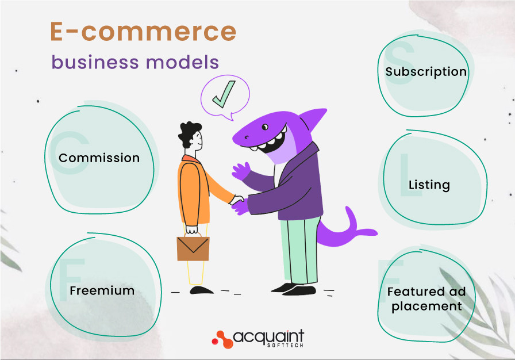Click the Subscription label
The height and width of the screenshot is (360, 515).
[426, 72]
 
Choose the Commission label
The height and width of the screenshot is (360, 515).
[99, 158]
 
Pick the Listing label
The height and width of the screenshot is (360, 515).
[429, 185]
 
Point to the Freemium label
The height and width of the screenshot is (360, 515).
[102, 290]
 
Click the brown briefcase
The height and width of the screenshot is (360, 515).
[193, 247]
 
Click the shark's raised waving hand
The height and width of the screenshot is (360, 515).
[241, 171]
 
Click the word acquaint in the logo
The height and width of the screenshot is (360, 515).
[270, 335]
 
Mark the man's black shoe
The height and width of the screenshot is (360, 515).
[201, 290]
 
